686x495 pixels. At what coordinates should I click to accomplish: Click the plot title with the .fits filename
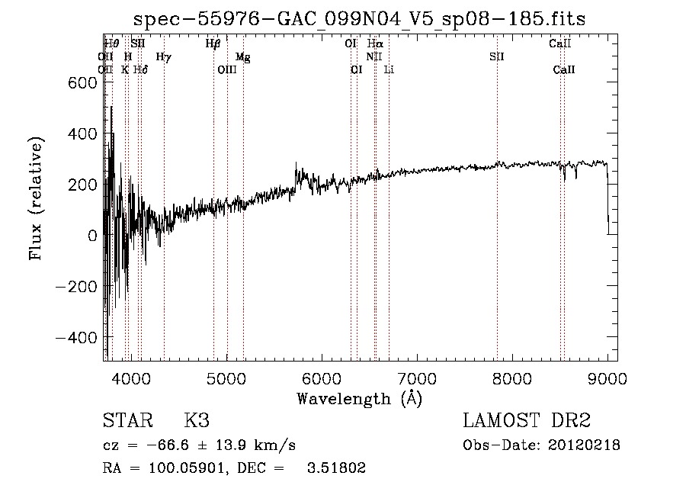[x=360, y=19]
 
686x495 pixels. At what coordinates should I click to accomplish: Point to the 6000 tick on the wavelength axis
[x=321, y=378]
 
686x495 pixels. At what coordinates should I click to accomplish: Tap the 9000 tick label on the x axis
[x=607, y=378]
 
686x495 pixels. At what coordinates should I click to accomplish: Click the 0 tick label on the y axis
[x=91, y=236]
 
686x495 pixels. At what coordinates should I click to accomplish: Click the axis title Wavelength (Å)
[x=359, y=397]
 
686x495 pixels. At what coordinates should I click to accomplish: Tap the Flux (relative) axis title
[x=37, y=198]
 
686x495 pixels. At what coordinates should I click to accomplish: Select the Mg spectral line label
[x=242, y=57]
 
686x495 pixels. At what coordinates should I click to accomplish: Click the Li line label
[x=389, y=70]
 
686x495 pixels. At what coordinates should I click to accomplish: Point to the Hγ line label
[x=163, y=57]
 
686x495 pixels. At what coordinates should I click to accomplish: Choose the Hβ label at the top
[x=213, y=44]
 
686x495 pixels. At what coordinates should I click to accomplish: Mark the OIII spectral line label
[x=227, y=70]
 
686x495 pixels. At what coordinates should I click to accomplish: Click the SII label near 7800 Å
[x=497, y=57]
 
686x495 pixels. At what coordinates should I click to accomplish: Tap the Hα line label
[x=374, y=44]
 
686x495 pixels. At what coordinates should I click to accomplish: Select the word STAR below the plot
[x=127, y=421]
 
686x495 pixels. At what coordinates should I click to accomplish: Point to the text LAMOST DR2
[x=527, y=421]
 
